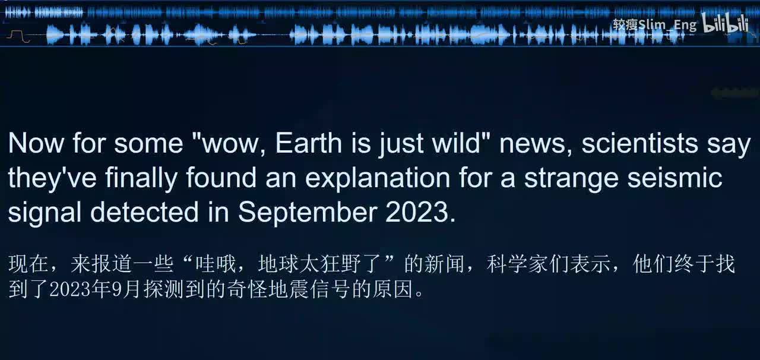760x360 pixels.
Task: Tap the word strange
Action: [569, 178]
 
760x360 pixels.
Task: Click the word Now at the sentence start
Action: [36, 143]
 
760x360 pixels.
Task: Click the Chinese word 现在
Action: [29, 264]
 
